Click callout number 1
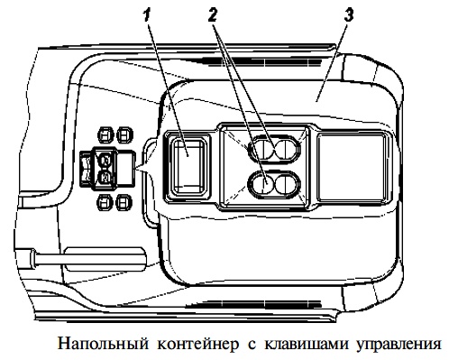147,14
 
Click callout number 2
212,14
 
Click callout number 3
349,14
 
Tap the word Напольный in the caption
103,344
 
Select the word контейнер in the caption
198,345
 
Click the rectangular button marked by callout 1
188,166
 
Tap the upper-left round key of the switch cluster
262,149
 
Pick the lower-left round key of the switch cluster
261,184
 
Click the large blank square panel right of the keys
352,168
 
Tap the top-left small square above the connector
106,134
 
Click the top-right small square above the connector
124,134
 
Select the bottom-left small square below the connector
105,202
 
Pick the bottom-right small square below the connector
124,202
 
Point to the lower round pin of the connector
105,177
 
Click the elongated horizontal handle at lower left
88,259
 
